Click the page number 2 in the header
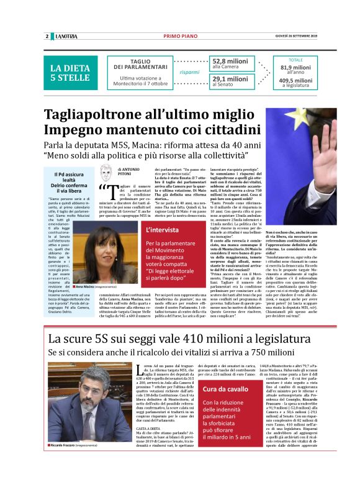47,36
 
